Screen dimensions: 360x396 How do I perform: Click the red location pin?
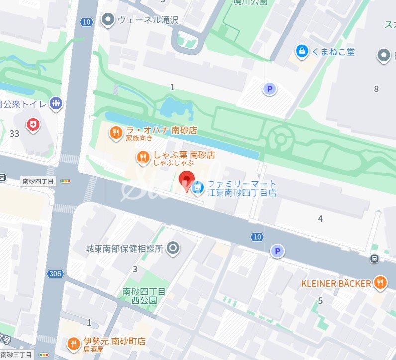coord(187,180)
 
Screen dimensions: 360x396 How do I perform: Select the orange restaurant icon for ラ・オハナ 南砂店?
coord(115,132)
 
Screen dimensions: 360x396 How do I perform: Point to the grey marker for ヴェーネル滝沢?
coord(107,20)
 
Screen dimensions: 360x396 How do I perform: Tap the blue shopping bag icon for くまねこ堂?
coord(301,51)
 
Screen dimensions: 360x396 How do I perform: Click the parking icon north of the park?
coord(269,89)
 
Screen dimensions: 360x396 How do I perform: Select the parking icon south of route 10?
coord(277,251)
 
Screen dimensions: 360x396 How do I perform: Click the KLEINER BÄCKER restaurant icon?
coord(380,283)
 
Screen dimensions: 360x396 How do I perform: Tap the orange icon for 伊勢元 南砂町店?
coord(74,343)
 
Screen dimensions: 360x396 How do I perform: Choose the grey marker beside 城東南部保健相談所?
coord(173,248)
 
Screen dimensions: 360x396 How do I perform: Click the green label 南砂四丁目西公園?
coord(144,296)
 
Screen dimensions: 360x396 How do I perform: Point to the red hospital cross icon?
coord(33,125)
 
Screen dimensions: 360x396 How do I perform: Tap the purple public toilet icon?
coord(56,103)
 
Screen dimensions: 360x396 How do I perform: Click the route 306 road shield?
coord(55,274)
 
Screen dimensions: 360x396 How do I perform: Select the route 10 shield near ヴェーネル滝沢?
coord(87,22)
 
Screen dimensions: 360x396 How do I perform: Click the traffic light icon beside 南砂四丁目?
coord(65,181)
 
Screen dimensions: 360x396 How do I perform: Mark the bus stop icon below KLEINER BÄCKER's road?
coord(374,258)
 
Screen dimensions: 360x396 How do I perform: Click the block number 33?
coord(14,133)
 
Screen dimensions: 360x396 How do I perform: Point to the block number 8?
coord(376,89)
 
